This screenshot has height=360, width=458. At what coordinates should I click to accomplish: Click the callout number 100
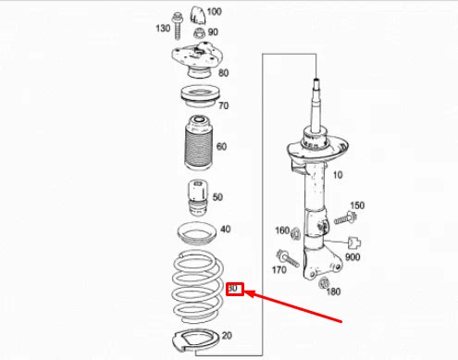pos(214,12)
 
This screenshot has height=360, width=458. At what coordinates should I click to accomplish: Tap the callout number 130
pos(162,28)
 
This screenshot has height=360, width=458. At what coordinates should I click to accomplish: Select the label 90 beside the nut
pos(213,32)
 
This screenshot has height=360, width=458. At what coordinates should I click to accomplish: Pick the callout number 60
pos(221,145)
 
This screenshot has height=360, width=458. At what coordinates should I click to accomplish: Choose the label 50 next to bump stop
pos(217,196)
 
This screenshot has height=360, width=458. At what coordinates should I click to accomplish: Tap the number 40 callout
pos(225,229)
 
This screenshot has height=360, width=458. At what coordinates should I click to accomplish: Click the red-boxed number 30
pos(234,289)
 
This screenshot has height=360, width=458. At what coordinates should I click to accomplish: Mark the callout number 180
pos(333,292)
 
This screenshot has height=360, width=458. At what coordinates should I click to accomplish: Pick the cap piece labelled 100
pos(197,14)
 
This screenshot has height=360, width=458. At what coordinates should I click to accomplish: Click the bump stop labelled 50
pos(195,197)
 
